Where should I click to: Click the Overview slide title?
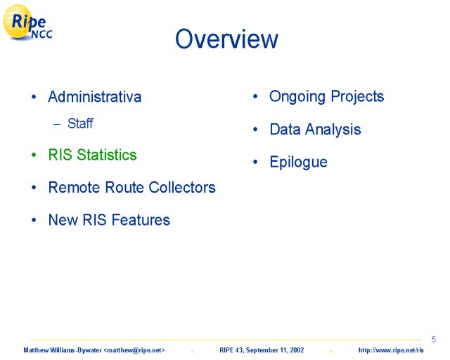click(x=226, y=39)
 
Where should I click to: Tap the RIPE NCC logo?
click(x=27, y=22)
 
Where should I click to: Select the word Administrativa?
click(x=95, y=97)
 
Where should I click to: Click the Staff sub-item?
click(x=80, y=124)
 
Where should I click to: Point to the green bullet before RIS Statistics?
click(x=34, y=155)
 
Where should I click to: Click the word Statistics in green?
click(x=107, y=155)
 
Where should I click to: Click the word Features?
click(x=141, y=220)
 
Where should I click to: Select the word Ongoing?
click(x=297, y=97)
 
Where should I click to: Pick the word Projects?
click(x=357, y=97)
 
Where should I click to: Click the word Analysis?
click(x=333, y=129)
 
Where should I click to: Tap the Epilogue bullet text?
click(x=298, y=162)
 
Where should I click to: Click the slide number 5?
click(x=434, y=340)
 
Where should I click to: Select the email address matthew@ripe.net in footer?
click(x=134, y=350)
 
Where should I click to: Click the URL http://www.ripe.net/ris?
click(x=391, y=350)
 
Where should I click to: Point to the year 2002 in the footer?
click(x=297, y=350)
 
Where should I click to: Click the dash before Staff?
click(x=57, y=124)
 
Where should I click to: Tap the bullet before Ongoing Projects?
click(x=255, y=96)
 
